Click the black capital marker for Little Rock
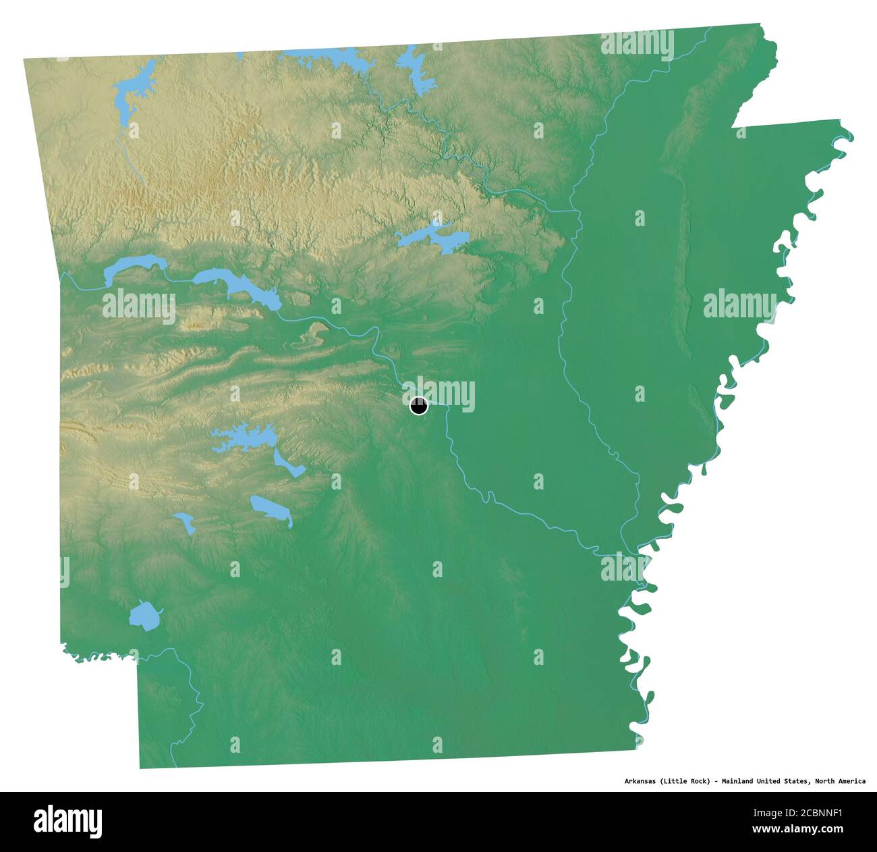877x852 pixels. click(418, 406)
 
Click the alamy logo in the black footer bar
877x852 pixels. click(68, 821)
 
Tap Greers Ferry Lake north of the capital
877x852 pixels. click(432, 237)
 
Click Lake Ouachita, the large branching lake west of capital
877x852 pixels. click(243, 439)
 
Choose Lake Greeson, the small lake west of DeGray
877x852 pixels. click(185, 522)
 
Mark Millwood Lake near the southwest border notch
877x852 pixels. click(144, 616)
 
